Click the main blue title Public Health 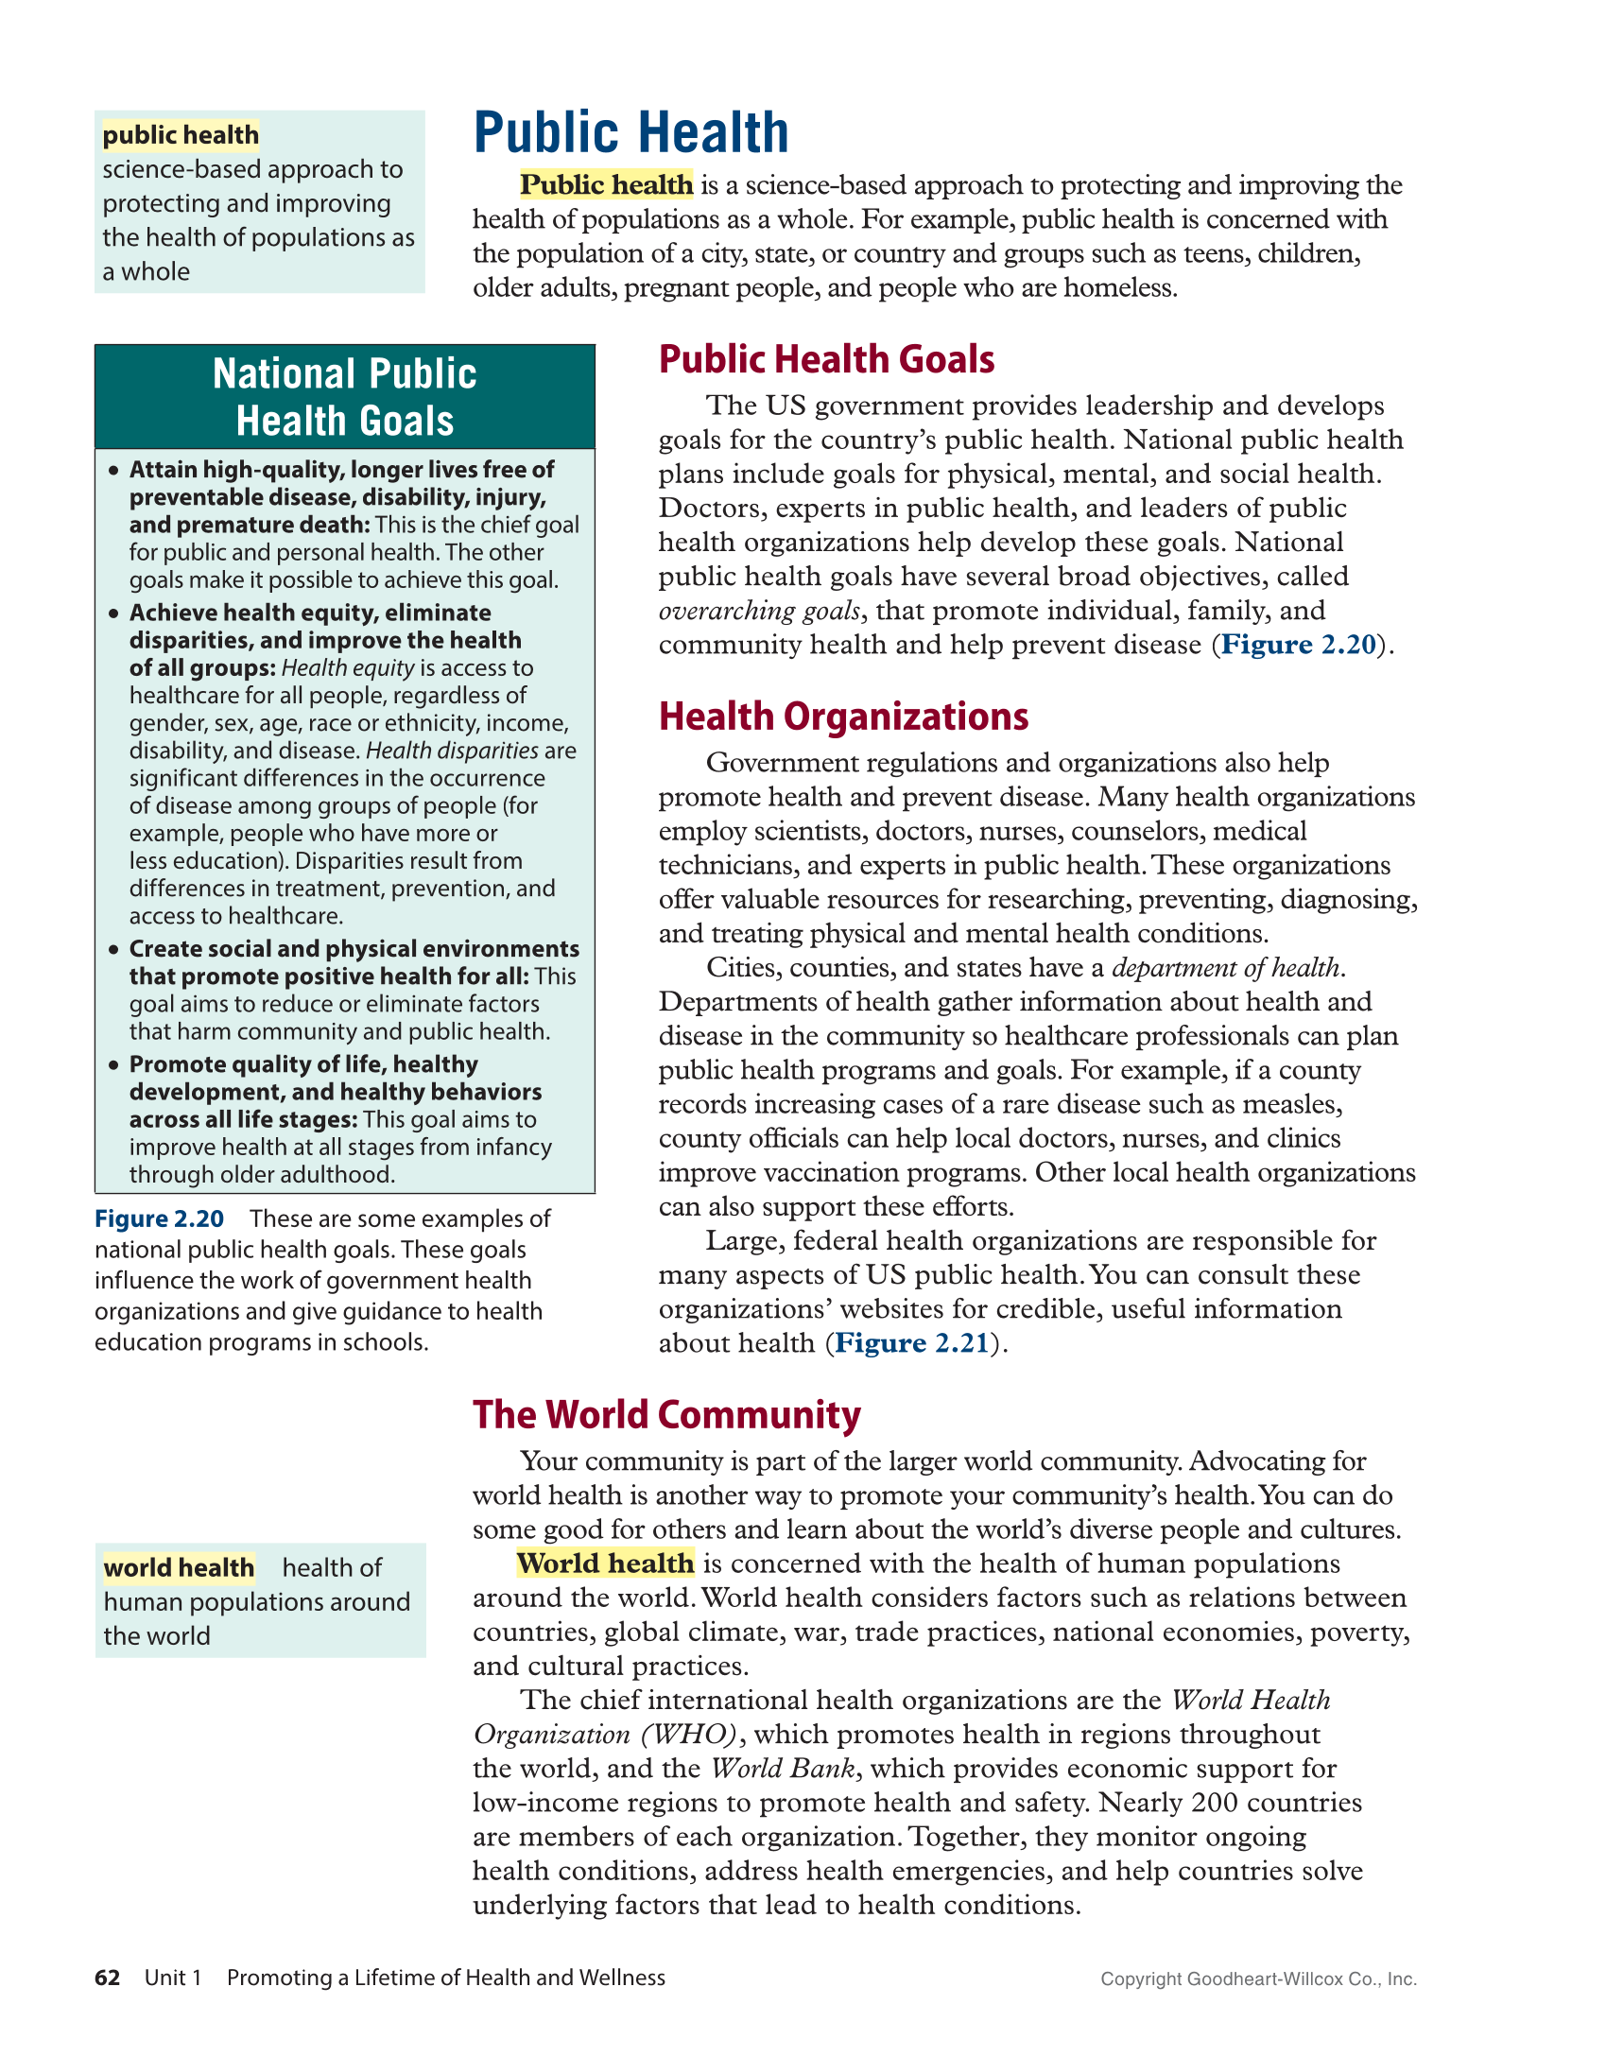[x=630, y=132]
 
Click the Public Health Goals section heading [x=826, y=359]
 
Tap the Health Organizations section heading [x=843, y=717]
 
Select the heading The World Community [x=666, y=1415]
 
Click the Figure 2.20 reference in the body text [x=1298, y=645]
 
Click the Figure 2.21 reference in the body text [x=911, y=1343]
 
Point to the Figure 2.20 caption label [x=159, y=1219]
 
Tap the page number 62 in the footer [x=107, y=1978]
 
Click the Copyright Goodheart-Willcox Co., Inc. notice [x=1258, y=1979]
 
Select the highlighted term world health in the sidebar [x=179, y=1568]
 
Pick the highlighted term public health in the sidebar [x=181, y=135]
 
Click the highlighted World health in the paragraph [x=605, y=1564]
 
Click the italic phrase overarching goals [x=759, y=611]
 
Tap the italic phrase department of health [x=1225, y=968]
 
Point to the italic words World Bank [x=783, y=1769]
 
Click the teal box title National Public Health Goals [x=345, y=397]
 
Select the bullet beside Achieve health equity [x=113, y=613]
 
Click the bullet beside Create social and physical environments [x=113, y=949]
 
